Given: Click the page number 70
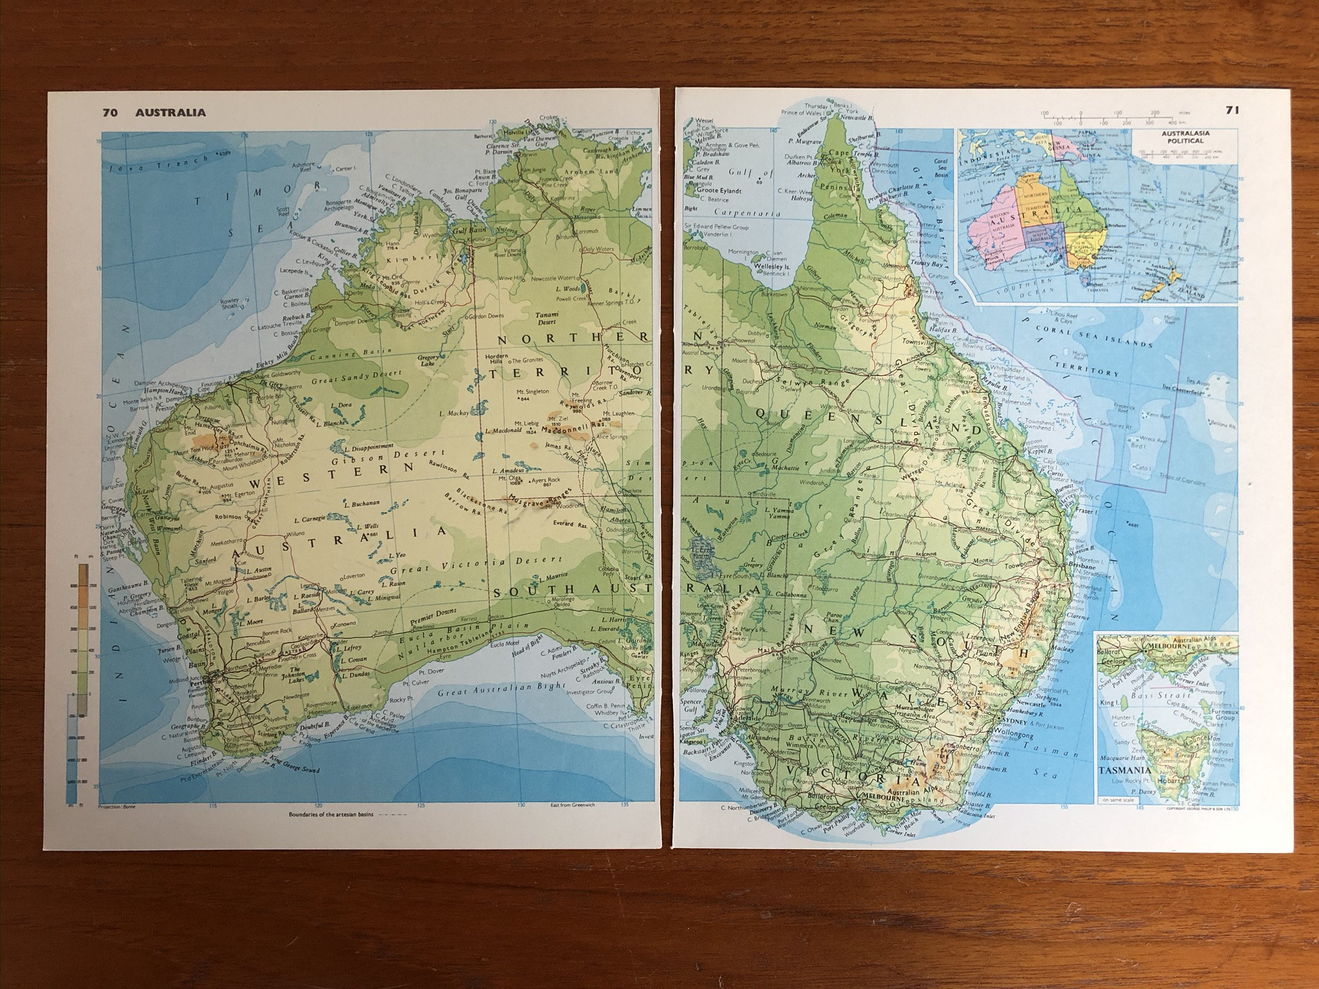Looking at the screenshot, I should pyautogui.click(x=109, y=113).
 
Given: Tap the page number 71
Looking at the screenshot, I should pyautogui.click(x=1231, y=110).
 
